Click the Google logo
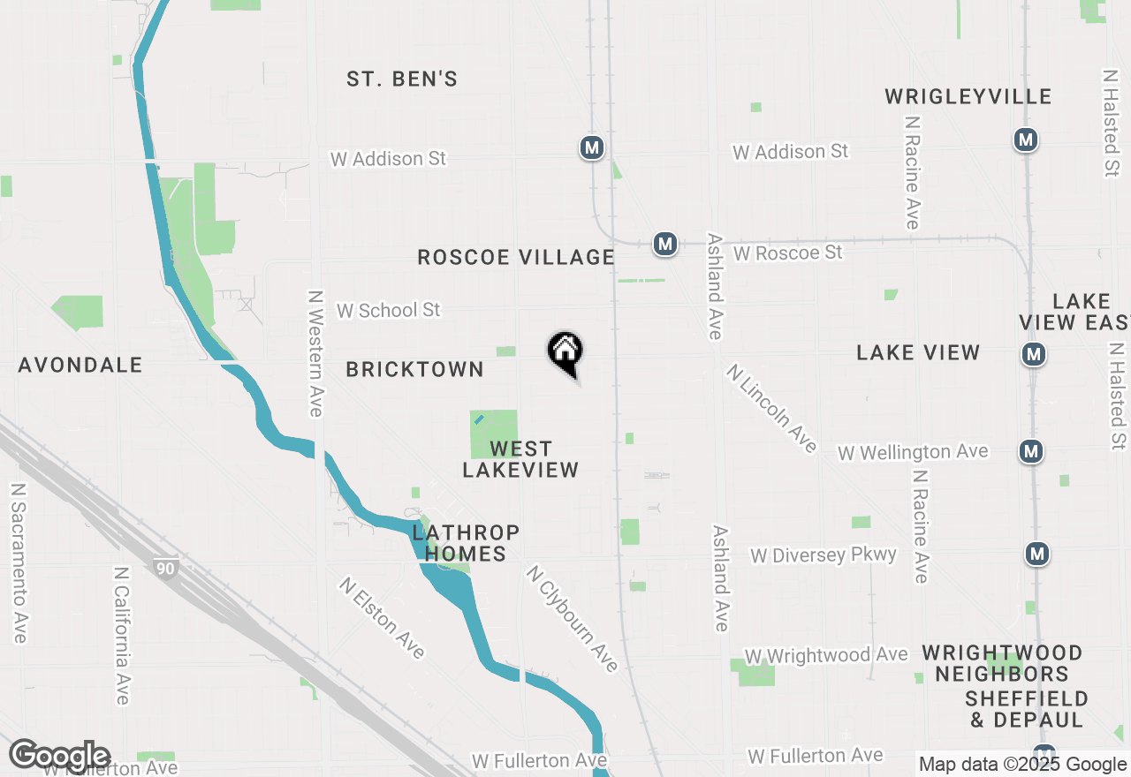[59, 756]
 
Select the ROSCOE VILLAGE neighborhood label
[516, 257]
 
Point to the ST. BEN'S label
[402, 79]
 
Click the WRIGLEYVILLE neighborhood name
[968, 96]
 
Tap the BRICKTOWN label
[414, 369]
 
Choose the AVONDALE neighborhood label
[80, 365]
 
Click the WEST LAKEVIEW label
[520, 459]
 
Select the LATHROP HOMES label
[466, 543]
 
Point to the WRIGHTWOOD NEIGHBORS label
[1003, 663]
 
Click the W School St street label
[388, 310]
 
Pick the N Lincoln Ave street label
[772, 408]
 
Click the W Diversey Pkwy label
[824, 555]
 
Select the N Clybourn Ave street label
[572, 619]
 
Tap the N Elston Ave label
[383, 617]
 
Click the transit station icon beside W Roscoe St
[665, 244]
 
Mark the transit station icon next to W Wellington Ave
[1030, 451]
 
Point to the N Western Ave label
[315, 353]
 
